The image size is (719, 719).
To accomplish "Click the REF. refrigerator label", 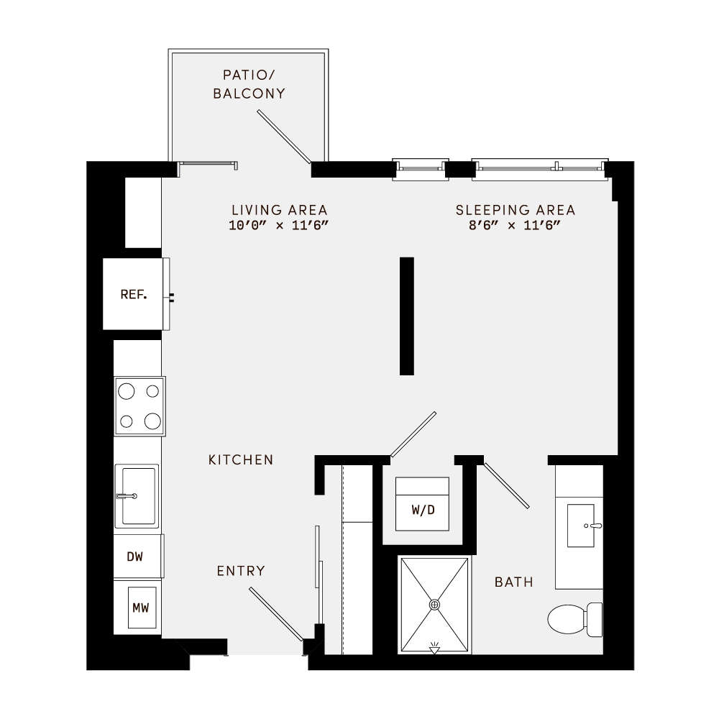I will [x=134, y=295].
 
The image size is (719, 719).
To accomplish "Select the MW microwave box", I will [x=140, y=608].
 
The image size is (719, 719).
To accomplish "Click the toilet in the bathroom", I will [x=574, y=618].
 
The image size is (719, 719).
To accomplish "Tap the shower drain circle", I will [x=434, y=605].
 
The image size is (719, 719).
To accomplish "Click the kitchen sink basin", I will [x=137, y=496].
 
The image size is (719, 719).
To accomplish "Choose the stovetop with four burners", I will [x=139, y=406].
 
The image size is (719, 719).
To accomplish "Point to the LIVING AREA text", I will [x=279, y=210].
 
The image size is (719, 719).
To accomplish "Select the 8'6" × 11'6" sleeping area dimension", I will [x=515, y=226].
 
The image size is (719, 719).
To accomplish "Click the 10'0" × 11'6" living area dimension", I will [x=279, y=226].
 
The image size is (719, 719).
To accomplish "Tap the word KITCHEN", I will [x=241, y=459].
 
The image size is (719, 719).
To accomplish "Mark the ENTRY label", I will [x=241, y=571].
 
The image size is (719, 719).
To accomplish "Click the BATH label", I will [x=514, y=582].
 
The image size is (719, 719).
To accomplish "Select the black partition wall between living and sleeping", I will [x=407, y=316].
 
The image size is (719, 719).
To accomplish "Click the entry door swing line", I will [x=276, y=613].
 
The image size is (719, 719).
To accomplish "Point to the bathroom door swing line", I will [x=507, y=485].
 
